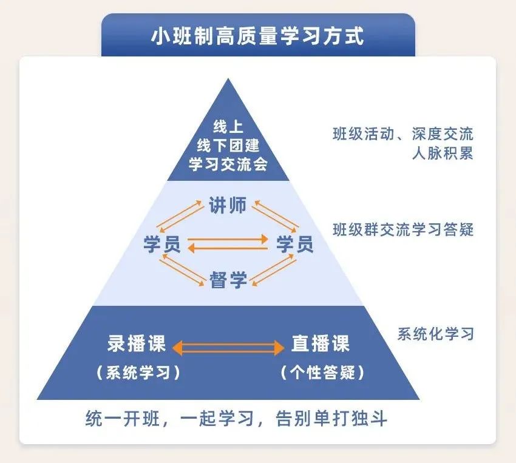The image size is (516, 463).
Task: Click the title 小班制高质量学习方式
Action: point(257,36)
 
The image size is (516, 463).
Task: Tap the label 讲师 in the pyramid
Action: point(228,206)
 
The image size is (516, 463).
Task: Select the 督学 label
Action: point(228,280)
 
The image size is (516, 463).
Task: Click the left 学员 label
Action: point(161,244)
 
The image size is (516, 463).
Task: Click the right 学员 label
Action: point(295,244)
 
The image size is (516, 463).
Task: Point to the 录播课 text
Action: point(137,344)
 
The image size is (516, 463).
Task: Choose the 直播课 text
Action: point(321,344)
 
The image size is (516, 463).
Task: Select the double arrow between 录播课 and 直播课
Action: point(228,348)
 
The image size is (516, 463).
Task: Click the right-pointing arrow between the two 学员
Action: point(228,238)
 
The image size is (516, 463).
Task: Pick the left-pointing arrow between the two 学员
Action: point(228,248)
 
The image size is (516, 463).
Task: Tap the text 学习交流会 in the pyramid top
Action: point(228,164)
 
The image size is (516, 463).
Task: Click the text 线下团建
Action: point(228,146)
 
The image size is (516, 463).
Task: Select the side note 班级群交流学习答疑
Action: point(403,230)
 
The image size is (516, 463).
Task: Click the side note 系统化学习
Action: point(435,334)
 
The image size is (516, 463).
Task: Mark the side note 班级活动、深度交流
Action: point(403,134)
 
